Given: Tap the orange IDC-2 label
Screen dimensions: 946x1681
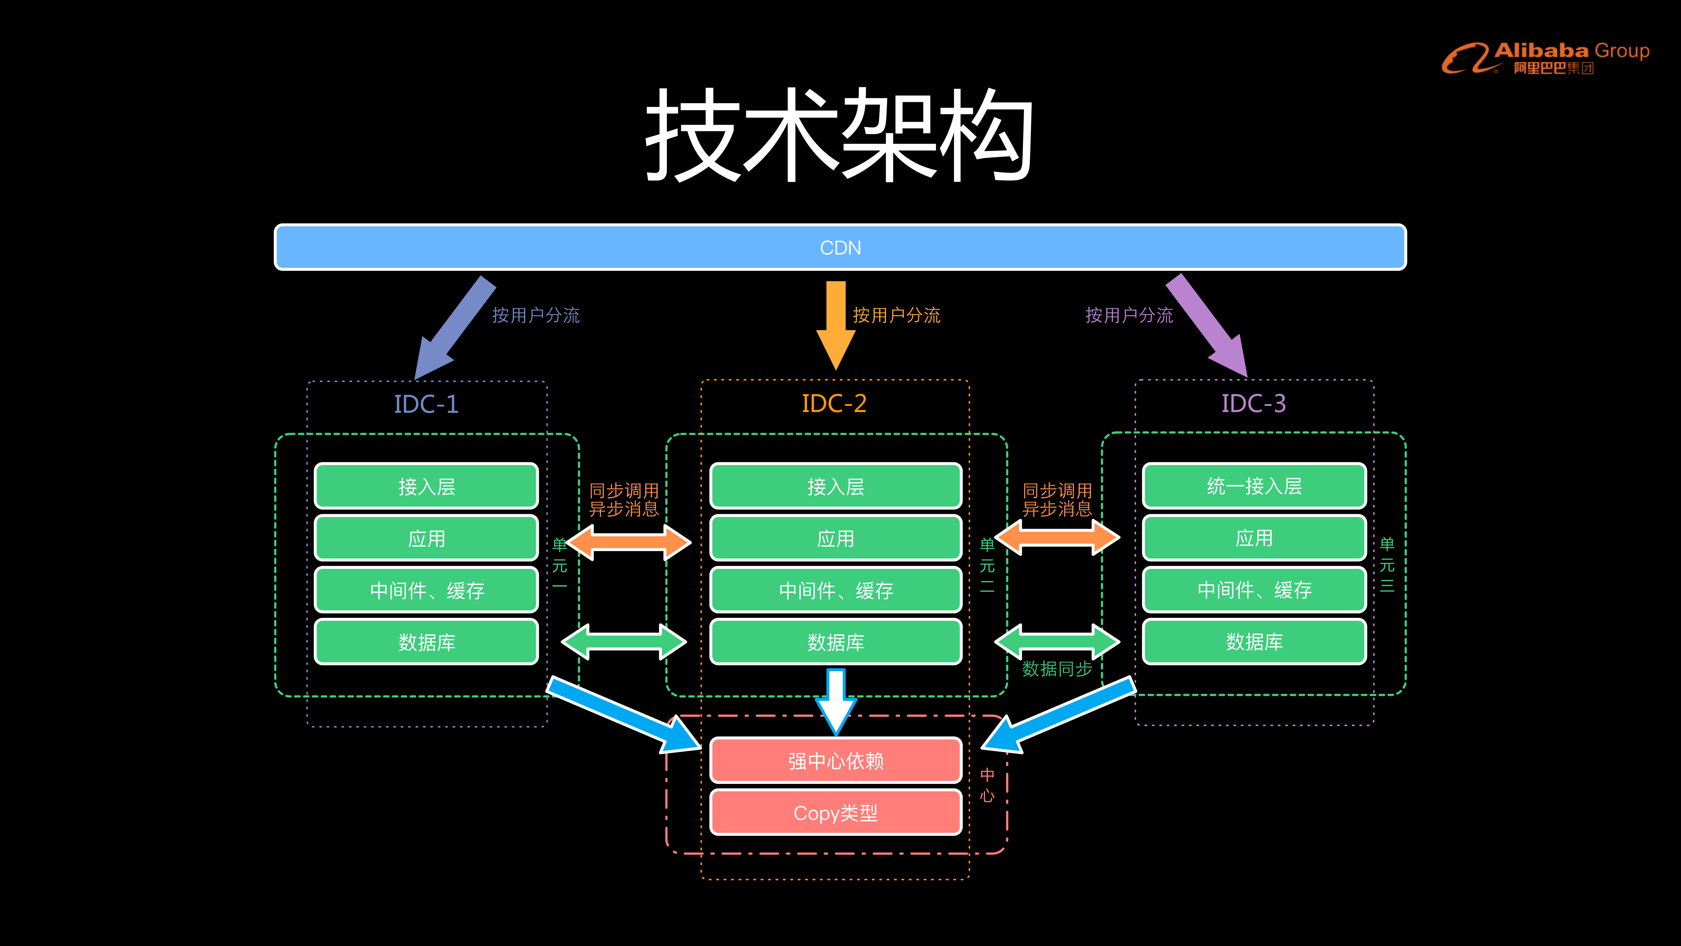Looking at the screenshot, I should point(834,403).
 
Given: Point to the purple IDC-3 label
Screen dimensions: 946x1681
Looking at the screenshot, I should point(1253,403).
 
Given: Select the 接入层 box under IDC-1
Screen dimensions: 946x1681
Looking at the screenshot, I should point(426,486).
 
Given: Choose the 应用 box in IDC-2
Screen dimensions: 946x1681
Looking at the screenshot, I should point(835,539).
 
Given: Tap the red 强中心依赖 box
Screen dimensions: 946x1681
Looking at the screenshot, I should point(835,760).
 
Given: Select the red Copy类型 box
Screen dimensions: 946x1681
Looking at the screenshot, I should point(835,813).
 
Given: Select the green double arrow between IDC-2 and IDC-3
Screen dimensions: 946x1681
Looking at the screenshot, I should point(1056,642).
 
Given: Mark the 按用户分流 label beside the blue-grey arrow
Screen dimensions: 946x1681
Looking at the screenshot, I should point(535,315).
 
